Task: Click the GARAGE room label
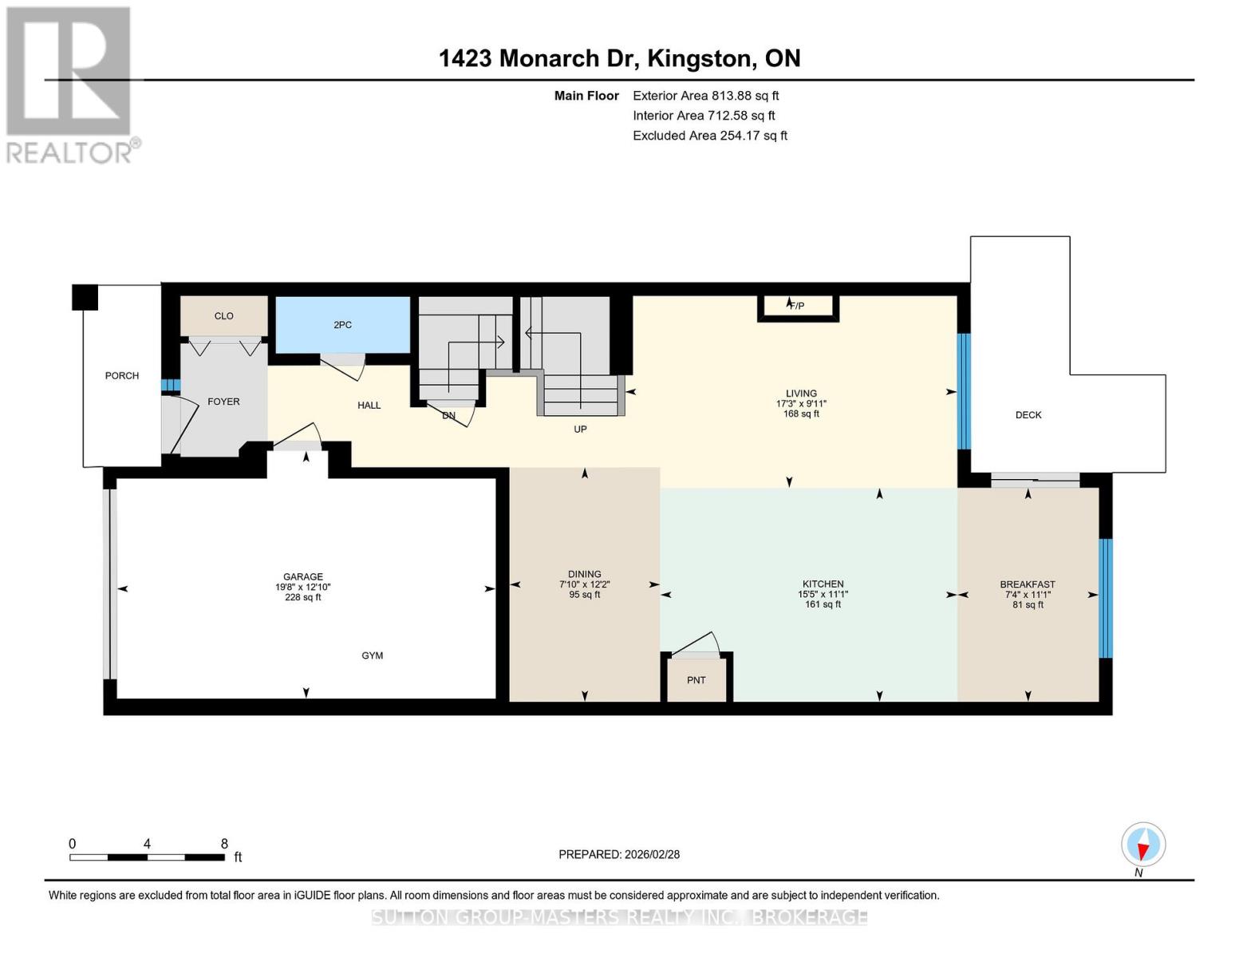[303, 576]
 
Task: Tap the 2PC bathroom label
[342, 325]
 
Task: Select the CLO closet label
[223, 316]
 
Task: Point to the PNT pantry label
[696, 680]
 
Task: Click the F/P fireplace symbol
[797, 306]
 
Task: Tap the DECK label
[1028, 415]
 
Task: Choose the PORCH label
[122, 375]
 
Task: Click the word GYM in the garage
[373, 655]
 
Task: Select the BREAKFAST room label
[1028, 584]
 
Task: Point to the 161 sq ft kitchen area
[823, 604]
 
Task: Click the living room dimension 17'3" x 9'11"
[801, 404]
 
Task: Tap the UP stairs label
[580, 430]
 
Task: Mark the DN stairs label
[448, 416]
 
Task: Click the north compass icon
[1143, 845]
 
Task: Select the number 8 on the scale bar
[224, 844]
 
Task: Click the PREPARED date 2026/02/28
[619, 854]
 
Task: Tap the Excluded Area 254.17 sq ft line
[709, 136]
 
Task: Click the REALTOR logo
[69, 84]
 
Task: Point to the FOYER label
[223, 402]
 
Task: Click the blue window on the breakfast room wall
[1106, 598]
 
